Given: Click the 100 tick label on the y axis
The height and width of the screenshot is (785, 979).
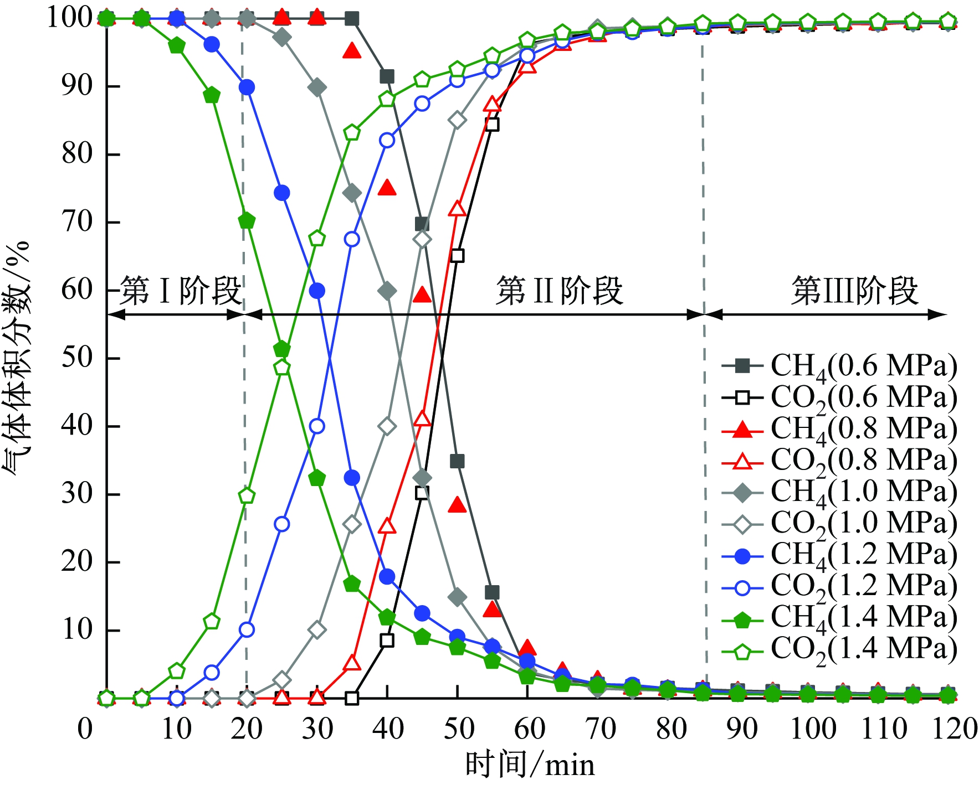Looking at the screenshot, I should (69, 18).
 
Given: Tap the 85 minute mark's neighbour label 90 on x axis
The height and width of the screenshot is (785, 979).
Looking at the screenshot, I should (742, 729).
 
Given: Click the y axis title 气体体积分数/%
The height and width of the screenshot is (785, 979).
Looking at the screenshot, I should (17, 357).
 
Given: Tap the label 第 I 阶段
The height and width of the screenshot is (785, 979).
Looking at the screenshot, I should (181, 291).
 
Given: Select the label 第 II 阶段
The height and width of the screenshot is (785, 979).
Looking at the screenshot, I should (560, 291).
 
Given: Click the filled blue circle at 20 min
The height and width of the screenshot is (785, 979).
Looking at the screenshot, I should (247, 87).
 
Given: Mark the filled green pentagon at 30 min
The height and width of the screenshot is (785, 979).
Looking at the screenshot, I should (317, 478).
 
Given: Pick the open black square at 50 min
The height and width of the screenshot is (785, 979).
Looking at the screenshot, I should (457, 256).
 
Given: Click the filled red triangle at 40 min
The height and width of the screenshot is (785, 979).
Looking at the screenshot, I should (387, 188).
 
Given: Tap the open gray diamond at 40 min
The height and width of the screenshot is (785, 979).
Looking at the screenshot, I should (387, 426).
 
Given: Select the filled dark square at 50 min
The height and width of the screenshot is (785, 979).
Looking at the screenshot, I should (457, 461).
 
